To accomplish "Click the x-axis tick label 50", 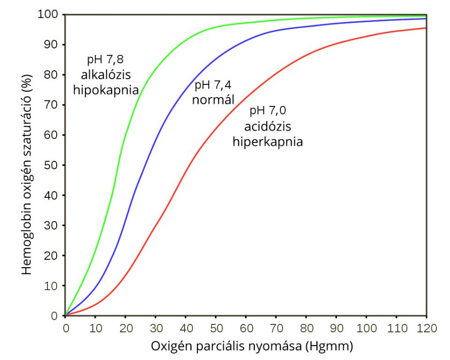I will click(216, 326).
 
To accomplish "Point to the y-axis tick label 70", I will click(52, 105).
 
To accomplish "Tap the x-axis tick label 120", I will click(426, 326).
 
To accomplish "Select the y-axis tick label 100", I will click(49, 15).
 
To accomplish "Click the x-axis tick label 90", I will click(336, 326).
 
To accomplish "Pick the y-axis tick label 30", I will click(52, 225).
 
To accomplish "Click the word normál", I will click(213, 99).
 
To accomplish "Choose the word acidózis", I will click(268, 127).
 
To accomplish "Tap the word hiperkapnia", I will click(268, 142).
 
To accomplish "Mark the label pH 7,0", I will click(268, 111).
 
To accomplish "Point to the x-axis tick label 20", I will click(126, 326).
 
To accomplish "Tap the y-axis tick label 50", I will click(52, 165).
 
